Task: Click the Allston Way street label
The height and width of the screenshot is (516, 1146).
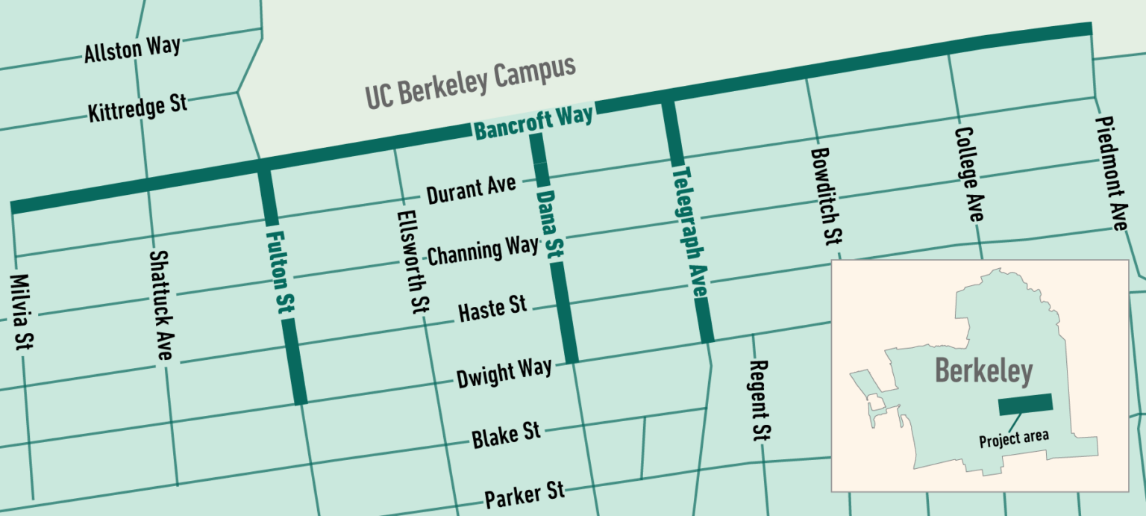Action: point(132,50)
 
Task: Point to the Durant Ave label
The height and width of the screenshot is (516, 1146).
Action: point(471,191)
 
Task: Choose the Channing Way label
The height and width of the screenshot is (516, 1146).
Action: point(483,251)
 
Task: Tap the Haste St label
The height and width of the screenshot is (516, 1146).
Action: point(492,308)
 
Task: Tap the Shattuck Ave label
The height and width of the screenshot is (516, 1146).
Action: point(161,305)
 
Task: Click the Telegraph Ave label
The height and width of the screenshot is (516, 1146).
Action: point(689,232)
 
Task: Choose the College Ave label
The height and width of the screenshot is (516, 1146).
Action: point(968,174)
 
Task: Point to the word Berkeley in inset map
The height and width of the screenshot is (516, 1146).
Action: point(983,371)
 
